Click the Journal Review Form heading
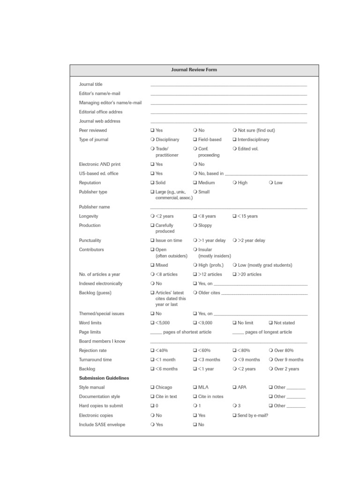click(x=194, y=70)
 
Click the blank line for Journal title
click(x=228, y=85)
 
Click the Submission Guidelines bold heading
click(x=104, y=378)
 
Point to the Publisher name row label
click(x=94, y=207)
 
